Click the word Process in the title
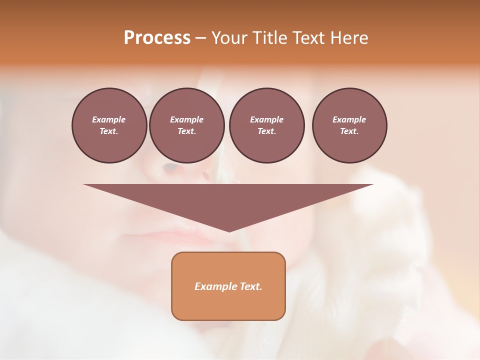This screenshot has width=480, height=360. click(x=157, y=38)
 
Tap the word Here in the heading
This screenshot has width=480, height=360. click(x=349, y=38)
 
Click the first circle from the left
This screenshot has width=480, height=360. click(x=109, y=125)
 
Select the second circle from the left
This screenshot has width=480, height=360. click(x=186, y=125)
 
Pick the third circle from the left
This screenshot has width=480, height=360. click(x=266, y=125)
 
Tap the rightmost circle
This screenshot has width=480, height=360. click(x=349, y=125)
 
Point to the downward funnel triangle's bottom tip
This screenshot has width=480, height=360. click(x=229, y=231)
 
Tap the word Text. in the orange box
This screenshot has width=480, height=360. click(x=249, y=286)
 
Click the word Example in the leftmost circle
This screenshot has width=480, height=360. click(x=109, y=119)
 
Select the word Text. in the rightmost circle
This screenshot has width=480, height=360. click(x=349, y=131)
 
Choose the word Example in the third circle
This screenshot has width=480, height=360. click(x=266, y=119)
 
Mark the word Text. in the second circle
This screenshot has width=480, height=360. click(x=186, y=131)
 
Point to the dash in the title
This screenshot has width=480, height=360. click(x=200, y=38)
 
